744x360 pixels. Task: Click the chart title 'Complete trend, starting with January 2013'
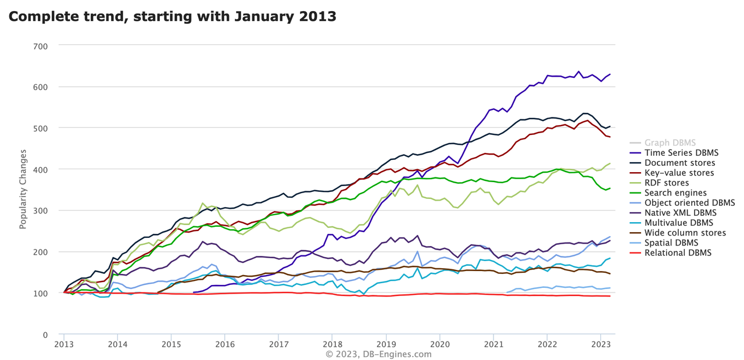173,17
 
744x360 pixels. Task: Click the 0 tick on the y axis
45,335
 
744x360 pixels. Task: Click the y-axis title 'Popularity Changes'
23,190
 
